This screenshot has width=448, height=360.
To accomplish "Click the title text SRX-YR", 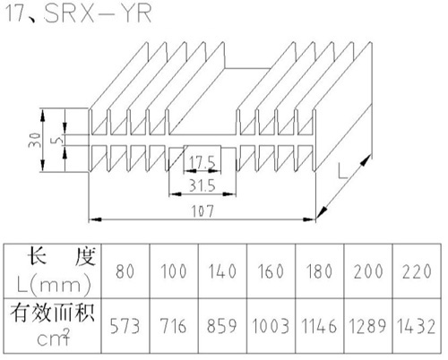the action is (x=98, y=13).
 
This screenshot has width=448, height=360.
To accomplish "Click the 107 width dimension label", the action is (x=202, y=211).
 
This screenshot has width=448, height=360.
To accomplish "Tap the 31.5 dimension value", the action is (x=202, y=185).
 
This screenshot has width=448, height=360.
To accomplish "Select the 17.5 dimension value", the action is (x=202, y=163).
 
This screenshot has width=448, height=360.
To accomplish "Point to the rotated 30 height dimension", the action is (x=34, y=140).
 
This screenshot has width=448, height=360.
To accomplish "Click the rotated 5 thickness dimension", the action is (x=59, y=139).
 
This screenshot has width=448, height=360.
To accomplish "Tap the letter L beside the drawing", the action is (x=342, y=171).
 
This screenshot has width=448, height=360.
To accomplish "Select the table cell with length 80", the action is (x=125, y=271).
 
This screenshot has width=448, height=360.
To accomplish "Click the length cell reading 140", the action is (x=222, y=271).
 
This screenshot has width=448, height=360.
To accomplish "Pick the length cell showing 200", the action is (x=368, y=271).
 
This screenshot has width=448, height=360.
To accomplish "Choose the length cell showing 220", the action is (x=417, y=271).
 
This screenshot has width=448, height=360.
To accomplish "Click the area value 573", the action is (x=125, y=326).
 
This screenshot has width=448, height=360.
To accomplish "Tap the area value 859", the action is (x=222, y=326).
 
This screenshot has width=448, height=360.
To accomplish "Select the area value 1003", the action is (x=271, y=326).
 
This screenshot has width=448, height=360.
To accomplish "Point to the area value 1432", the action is (x=416, y=326).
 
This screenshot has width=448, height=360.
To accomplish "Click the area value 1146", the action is (x=319, y=326).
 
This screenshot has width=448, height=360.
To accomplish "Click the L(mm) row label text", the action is (x=54, y=285).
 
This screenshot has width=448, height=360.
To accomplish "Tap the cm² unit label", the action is (x=54, y=338).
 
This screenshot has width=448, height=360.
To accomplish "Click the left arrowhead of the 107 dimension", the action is (x=95, y=219).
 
